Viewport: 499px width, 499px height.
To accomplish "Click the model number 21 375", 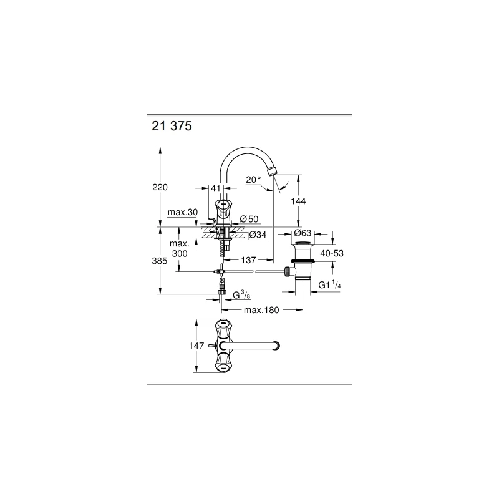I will coord(172,125).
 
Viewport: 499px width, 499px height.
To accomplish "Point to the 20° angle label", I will coord(253,180).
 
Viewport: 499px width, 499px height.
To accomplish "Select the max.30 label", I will coord(183,213).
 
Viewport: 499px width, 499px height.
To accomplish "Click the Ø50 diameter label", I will coord(249,219).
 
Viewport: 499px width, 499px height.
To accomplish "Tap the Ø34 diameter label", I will coord(258,235).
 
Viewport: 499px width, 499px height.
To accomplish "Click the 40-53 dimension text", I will coord(332,254).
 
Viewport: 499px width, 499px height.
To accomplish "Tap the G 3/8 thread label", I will coord(241,294).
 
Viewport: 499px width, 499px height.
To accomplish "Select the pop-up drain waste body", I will coord(303,265).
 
